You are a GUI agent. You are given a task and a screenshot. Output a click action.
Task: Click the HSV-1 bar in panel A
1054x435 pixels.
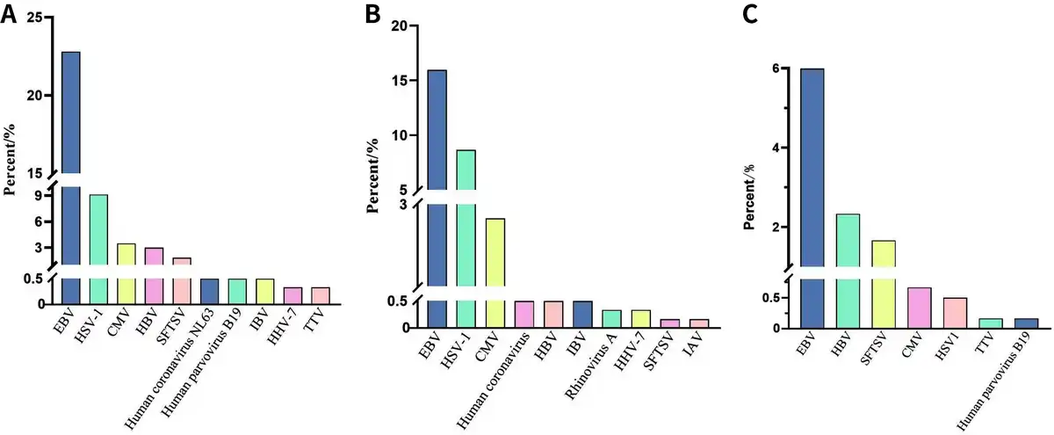[98, 246]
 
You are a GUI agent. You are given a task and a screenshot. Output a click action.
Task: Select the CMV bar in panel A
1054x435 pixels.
[126, 272]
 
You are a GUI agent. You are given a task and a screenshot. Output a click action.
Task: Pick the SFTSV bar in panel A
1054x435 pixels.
[182, 280]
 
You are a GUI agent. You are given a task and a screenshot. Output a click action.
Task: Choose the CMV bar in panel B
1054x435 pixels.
[495, 264]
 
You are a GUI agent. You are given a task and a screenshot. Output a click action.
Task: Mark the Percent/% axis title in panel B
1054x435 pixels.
[372, 176]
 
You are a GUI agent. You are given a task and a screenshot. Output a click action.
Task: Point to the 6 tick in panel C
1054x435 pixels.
[776, 69]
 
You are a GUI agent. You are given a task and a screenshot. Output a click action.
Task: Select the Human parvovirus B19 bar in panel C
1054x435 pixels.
[1026, 323]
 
